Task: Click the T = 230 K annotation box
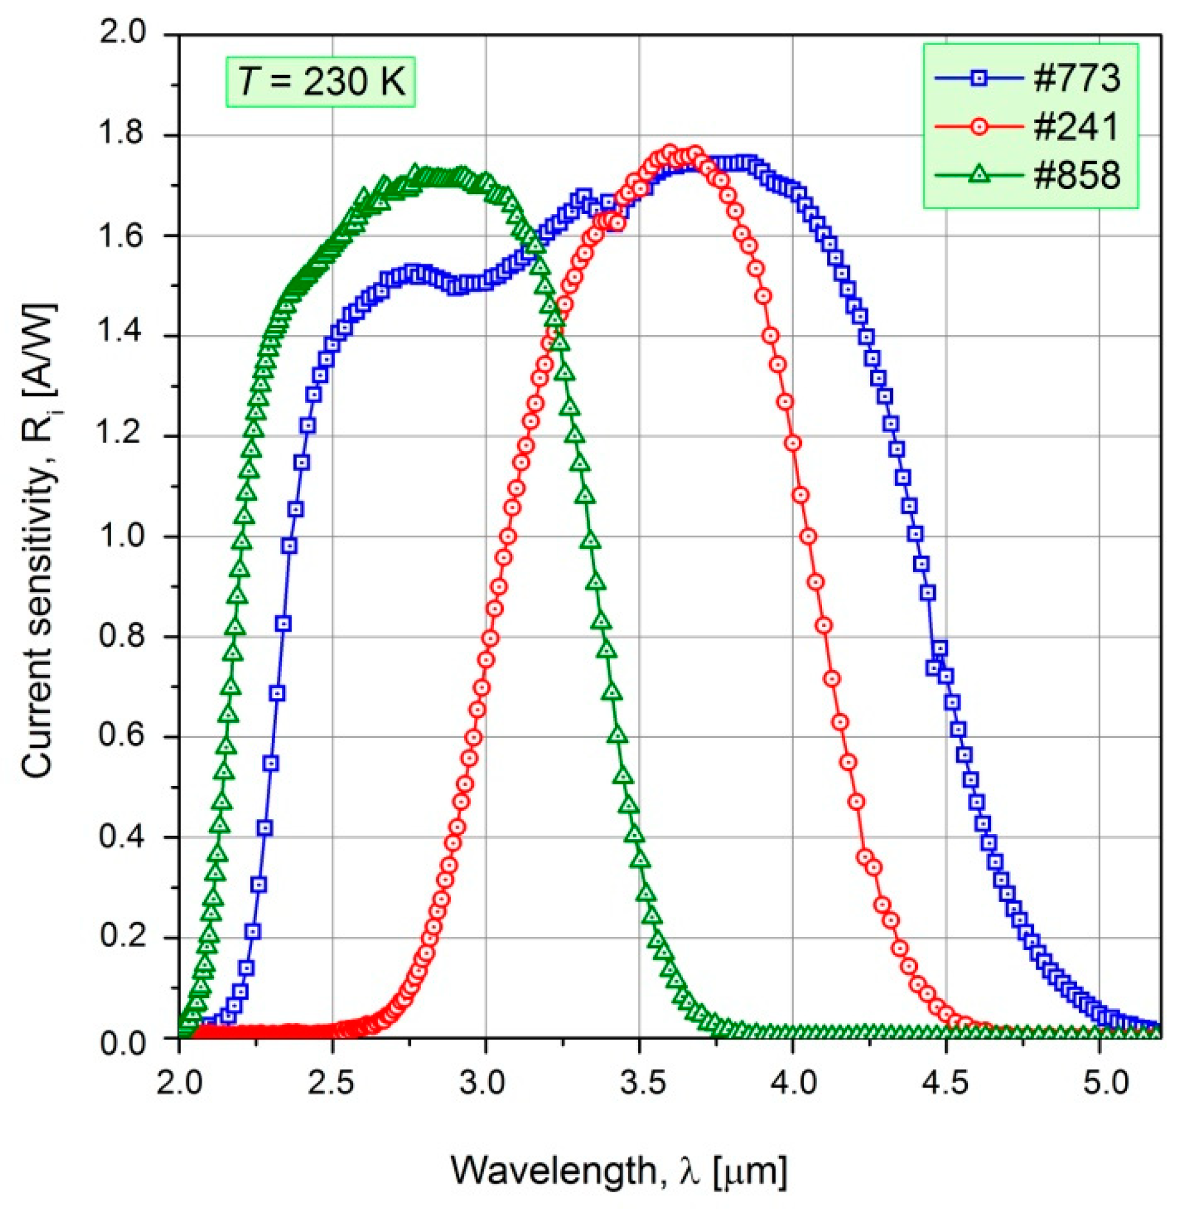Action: tap(321, 81)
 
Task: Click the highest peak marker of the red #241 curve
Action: tap(669, 152)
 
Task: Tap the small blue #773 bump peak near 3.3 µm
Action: tap(583, 198)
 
